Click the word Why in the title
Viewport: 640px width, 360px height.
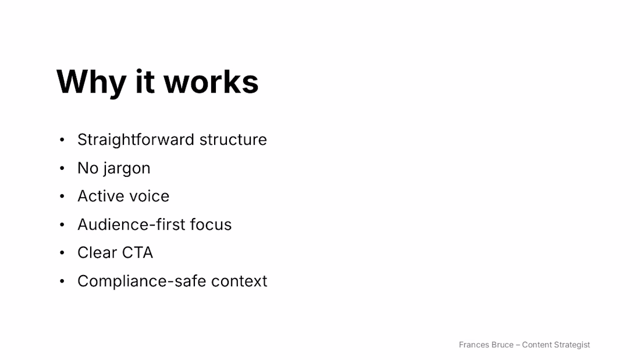tap(91, 83)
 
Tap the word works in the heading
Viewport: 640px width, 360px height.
tap(211, 82)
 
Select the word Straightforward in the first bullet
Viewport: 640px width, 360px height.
tap(136, 140)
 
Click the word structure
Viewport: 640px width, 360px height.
tap(233, 140)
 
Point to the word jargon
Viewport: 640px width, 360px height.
tap(126, 169)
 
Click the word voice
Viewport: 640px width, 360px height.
tap(146, 197)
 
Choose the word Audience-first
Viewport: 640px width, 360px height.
tap(131, 224)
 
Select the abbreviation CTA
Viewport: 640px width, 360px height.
tap(138, 253)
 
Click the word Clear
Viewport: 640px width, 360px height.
tap(98, 253)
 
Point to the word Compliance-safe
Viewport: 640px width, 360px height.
tap(142, 281)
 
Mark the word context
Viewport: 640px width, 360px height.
tap(239, 281)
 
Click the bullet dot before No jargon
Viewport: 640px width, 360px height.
tap(62, 168)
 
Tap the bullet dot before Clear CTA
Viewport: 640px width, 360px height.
tap(62, 253)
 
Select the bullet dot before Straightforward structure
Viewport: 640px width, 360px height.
tap(62, 140)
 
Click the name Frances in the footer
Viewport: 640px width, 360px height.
tap(474, 345)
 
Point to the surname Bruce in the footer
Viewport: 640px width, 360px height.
tap(503, 345)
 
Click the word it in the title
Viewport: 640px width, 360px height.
tap(145, 82)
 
